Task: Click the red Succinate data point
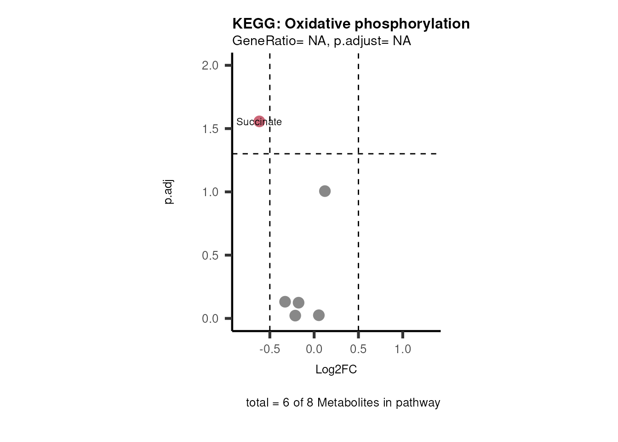(259, 122)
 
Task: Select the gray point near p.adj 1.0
(325, 191)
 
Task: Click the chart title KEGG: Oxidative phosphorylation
(351, 23)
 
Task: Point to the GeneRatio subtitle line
(321, 41)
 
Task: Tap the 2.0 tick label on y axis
(210, 65)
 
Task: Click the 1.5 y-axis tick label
(210, 129)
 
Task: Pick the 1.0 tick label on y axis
(210, 192)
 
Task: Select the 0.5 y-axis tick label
(210, 256)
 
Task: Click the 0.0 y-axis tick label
(210, 319)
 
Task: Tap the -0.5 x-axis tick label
(269, 349)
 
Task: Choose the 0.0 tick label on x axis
(314, 349)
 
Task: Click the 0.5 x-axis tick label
(358, 349)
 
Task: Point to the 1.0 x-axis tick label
(403, 349)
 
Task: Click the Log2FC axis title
(336, 370)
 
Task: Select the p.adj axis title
(169, 192)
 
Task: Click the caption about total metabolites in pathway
(343, 403)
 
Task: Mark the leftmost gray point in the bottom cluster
(285, 302)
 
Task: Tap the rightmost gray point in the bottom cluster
(319, 315)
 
